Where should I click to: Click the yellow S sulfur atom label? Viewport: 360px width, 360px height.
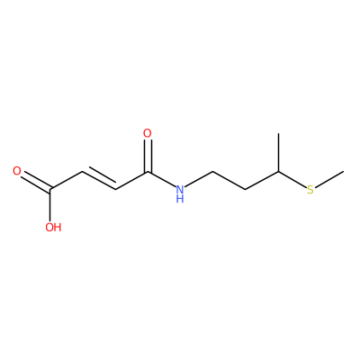point(310,190)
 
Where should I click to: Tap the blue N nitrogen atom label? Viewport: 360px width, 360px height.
point(180,190)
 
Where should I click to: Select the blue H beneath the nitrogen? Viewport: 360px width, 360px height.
point(180,199)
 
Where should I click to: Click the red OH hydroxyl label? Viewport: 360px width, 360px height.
point(53,227)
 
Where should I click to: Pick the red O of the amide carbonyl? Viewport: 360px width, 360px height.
point(148,133)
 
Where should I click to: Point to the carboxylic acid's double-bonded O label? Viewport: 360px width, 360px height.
point(17,171)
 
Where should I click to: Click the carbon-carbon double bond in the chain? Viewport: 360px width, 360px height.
point(99,180)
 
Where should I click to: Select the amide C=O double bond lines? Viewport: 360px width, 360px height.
point(148,156)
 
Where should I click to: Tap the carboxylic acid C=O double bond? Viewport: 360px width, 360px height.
point(35,181)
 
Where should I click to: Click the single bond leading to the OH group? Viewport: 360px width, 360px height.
point(50,205)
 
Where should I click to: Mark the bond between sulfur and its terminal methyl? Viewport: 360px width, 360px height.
point(329,180)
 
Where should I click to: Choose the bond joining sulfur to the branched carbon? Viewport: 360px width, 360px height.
point(292,180)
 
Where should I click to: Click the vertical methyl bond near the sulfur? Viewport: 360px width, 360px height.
point(279,153)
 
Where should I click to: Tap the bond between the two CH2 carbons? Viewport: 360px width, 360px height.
point(229,181)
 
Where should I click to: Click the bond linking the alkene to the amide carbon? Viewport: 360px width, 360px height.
point(131,181)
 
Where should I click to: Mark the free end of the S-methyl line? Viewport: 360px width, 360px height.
point(344,171)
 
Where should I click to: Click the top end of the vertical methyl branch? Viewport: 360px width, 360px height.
point(279,134)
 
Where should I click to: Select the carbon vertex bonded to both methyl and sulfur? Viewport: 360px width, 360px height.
point(279,172)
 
